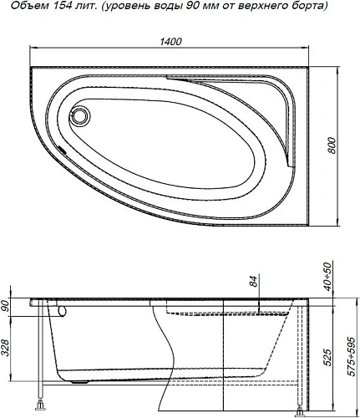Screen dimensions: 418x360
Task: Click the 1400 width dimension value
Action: coord(174,43)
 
